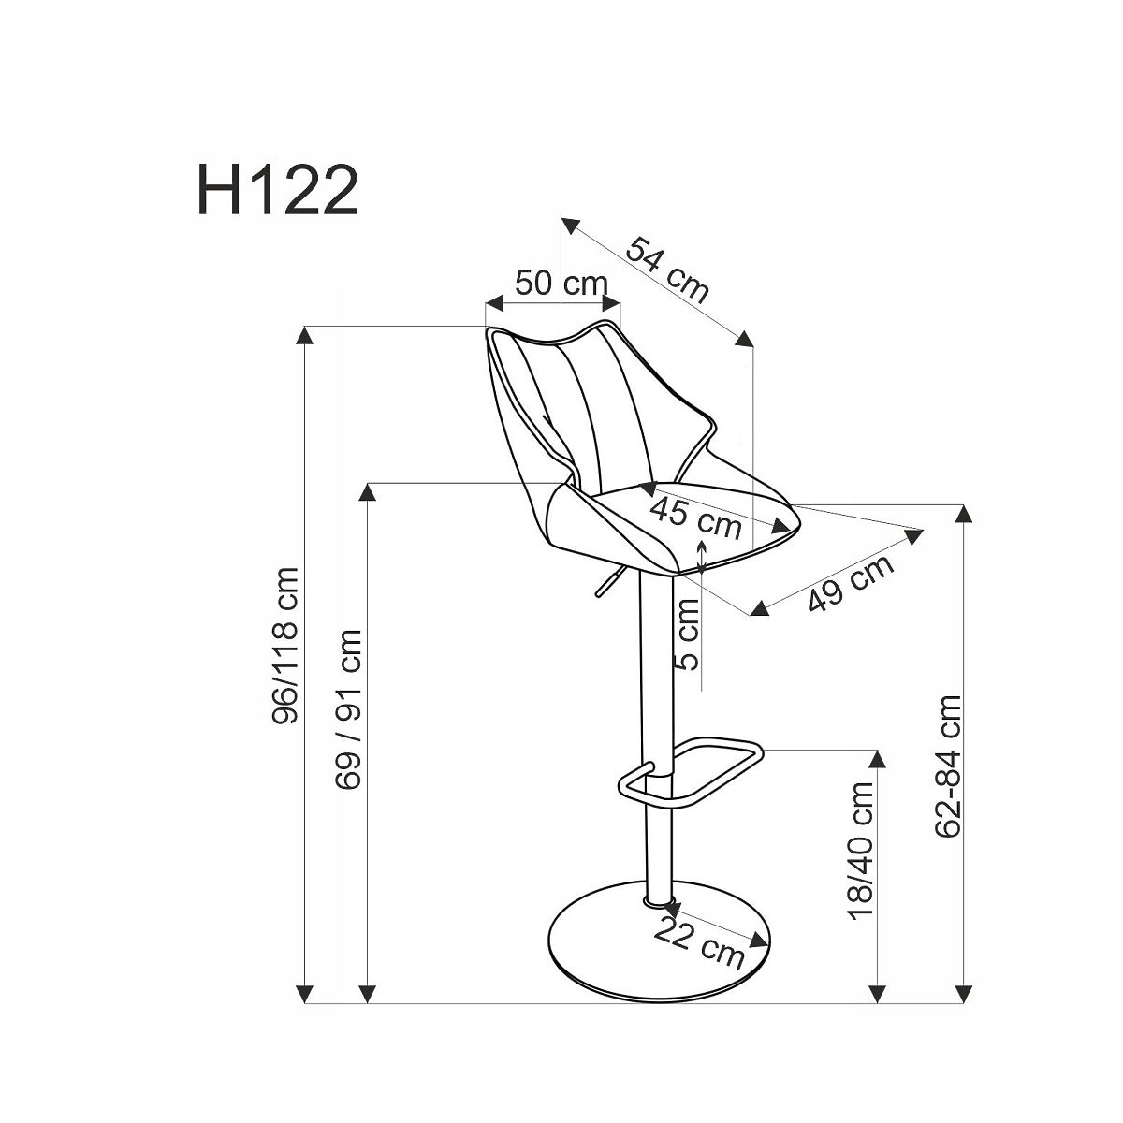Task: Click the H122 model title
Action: coord(277,190)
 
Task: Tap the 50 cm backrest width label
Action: coord(561,284)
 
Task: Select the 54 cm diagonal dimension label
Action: coord(668,270)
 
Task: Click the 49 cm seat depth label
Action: coord(851,583)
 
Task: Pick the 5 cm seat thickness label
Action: coord(688,634)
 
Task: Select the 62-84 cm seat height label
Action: coord(948,766)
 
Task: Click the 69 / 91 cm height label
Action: coord(348,708)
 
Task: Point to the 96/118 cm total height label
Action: coord(285,645)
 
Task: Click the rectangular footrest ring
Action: coord(691,773)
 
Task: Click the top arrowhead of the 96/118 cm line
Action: coord(304,336)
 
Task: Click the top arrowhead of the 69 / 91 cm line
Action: coord(367,492)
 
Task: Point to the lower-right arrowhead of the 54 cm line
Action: coord(744,339)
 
